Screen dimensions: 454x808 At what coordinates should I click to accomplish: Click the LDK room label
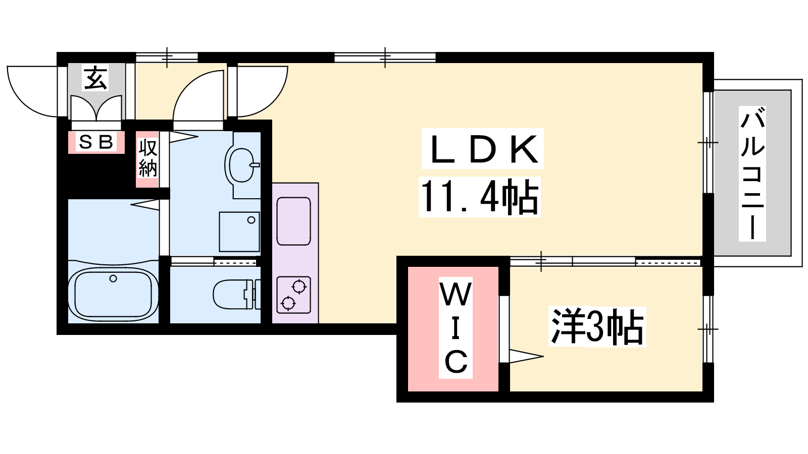pyautogui.click(x=482, y=149)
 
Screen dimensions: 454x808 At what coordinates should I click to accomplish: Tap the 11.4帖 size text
pyautogui.click(x=479, y=197)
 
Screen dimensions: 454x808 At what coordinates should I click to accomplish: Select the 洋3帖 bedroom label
pyautogui.click(x=597, y=327)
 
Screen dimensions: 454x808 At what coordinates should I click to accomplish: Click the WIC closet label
pyautogui.click(x=456, y=328)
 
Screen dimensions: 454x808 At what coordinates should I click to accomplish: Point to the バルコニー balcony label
pyautogui.click(x=752, y=173)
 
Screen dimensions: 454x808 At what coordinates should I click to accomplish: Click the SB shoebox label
pyautogui.click(x=96, y=142)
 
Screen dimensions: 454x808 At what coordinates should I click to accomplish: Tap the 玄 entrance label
pyautogui.click(x=96, y=78)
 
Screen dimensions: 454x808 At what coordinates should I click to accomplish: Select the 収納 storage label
pyautogui.click(x=147, y=158)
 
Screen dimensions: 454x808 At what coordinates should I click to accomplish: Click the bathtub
pyautogui.click(x=113, y=295)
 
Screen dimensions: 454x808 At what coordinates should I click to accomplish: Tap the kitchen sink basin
pyautogui.click(x=293, y=221)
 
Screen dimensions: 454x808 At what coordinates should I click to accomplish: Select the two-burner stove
pyautogui.click(x=293, y=295)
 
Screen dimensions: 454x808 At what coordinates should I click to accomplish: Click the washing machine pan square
pyautogui.click(x=239, y=232)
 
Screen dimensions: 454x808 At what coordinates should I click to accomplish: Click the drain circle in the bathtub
pyautogui.click(x=113, y=278)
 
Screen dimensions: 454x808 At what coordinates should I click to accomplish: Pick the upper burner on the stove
pyautogui.click(x=299, y=287)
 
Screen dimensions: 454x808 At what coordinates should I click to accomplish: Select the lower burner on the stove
pyautogui.click(x=288, y=303)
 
